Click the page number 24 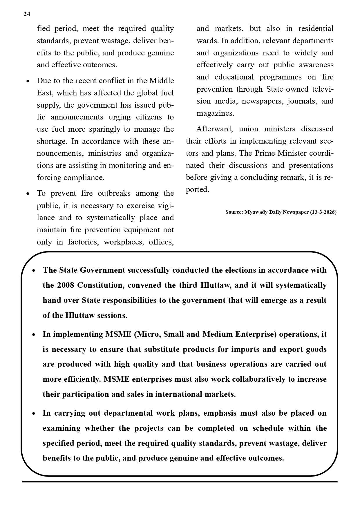(27, 14)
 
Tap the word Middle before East (161, 81)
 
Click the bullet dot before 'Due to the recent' (28, 81)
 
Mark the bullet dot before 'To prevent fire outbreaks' (28, 194)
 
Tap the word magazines (215, 113)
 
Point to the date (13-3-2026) (323, 212)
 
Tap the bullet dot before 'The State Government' (34, 271)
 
